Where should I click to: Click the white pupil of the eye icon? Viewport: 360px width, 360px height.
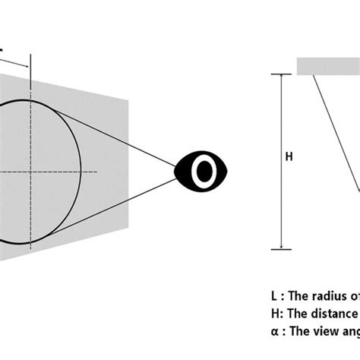(x=204, y=172)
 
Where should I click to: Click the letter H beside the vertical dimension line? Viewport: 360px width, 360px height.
(x=288, y=157)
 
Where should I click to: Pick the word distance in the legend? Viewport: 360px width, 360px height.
(x=334, y=313)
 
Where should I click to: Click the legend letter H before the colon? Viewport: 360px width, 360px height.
(x=274, y=313)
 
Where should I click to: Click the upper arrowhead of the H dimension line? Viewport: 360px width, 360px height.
(x=281, y=77)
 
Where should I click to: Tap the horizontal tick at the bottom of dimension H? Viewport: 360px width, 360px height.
(x=281, y=249)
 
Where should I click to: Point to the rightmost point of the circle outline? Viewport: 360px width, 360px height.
(x=81, y=172)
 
